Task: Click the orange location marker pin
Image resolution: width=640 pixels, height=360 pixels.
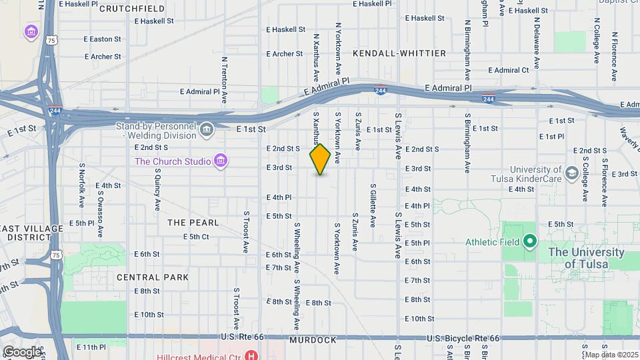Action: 320,159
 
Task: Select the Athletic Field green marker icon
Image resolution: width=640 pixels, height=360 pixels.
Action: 530,241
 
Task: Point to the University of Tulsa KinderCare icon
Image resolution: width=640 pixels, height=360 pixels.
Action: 571,173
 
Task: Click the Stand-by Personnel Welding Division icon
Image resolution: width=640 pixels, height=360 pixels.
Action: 206,129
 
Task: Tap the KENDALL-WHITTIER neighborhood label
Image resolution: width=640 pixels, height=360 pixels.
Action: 399,53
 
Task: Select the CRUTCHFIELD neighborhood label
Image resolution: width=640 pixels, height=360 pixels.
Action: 132,9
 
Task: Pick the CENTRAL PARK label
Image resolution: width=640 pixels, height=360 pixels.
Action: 153,277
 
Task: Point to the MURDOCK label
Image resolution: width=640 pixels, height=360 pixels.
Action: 313,340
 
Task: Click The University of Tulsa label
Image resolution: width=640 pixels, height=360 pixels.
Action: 586,258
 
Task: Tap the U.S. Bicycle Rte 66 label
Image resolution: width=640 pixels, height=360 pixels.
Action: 463,339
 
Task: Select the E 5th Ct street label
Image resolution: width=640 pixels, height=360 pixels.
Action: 196,237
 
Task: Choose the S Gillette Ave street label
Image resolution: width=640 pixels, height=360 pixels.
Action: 373,206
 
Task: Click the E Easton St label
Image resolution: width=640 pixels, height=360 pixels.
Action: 103,39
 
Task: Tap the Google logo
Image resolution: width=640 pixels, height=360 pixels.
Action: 22,351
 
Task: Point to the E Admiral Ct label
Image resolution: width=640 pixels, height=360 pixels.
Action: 508,70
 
